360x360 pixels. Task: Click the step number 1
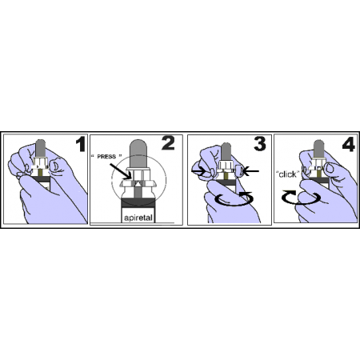tap(80, 144)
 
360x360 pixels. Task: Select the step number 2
tap(168, 143)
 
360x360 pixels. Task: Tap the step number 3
tap(260, 144)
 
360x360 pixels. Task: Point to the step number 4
tap(349, 144)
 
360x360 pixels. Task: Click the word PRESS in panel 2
tap(106, 157)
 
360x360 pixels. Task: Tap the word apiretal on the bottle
tap(138, 218)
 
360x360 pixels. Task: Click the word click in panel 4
tap(287, 174)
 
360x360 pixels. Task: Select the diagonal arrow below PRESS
tap(120, 171)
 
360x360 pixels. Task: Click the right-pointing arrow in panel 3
tap(199, 171)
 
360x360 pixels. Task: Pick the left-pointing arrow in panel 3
tap(251, 171)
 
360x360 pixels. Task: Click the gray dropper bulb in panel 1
tap(41, 148)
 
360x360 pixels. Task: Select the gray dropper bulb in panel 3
tap(226, 151)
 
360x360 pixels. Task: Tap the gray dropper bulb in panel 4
tap(318, 149)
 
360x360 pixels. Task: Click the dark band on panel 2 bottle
tap(138, 202)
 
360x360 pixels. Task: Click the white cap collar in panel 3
tap(226, 166)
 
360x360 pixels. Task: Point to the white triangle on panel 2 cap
tap(138, 183)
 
